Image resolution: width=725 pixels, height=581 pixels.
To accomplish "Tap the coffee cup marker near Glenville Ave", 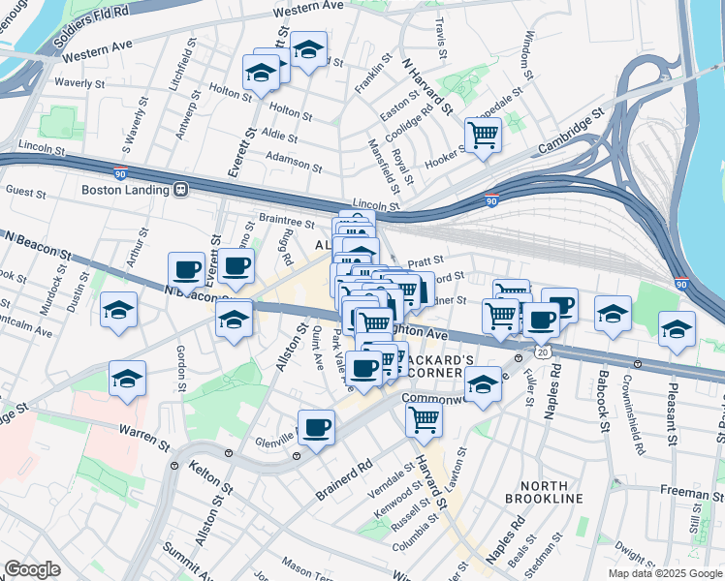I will [x=316, y=427].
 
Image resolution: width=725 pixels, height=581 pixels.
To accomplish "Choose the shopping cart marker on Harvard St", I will [x=424, y=419].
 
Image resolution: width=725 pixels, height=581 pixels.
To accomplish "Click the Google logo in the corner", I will [x=32, y=569].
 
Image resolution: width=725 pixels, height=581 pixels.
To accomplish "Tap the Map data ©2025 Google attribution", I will [x=664, y=573].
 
